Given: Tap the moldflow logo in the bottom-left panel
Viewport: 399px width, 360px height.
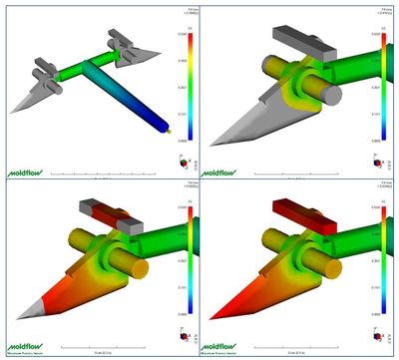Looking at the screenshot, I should click(25, 342).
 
